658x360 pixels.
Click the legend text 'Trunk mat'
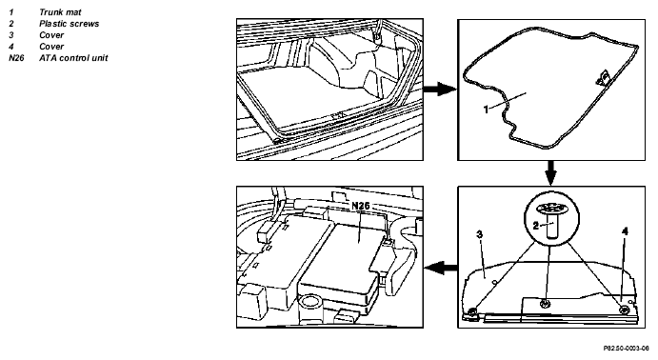tap(60, 12)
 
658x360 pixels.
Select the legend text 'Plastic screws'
tap(70, 24)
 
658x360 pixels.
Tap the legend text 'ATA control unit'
tap(73, 58)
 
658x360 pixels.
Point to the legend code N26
tap(16, 58)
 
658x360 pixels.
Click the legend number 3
tap(10, 35)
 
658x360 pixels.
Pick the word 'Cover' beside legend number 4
tap(51, 47)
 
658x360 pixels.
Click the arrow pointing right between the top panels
tap(439, 89)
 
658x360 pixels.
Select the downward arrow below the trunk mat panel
tap(551, 173)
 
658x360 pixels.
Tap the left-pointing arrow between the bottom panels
tap(441, 267)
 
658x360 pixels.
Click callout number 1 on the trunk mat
tap(487, 110)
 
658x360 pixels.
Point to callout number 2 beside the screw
tap(535, 226)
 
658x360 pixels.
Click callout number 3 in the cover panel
tap(480, 234)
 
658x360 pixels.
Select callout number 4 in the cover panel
tap(625, 231)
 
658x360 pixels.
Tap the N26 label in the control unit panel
tap(361, 206)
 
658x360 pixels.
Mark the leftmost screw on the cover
tap(472, 311)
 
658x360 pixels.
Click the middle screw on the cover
tap(545, 304)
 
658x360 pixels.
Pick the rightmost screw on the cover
tap(624, 310)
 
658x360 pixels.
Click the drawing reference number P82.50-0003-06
tap(627, 349)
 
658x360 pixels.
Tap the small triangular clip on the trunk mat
tap(604, 78)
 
